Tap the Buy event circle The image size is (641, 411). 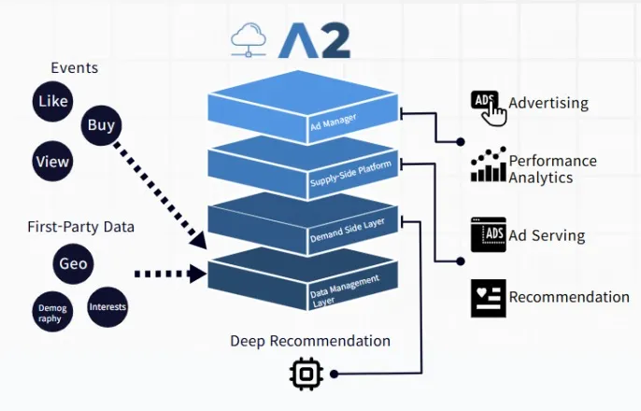click(x=101, y=125)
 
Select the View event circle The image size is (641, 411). click(x=52, y=161)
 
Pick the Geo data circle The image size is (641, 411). click(x=73, y=263)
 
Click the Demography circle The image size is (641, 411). click(x=51, y=310)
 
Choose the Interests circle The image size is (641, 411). click(x=107, y=306)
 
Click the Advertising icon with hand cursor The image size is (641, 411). click(x=488, y=107)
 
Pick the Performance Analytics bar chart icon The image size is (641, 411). click(x=488, y=165)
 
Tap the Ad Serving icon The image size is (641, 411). click(x=488, y=235)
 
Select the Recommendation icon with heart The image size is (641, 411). click(x=488, y=297)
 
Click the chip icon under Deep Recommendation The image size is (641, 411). click(x=306, y=374)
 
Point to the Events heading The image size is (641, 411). click(x=75, y=67)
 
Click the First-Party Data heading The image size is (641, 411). click(x=80, y=226)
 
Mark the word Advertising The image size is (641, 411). click(x=548, y=103)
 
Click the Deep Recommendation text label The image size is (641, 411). click(x=310, y=340)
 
